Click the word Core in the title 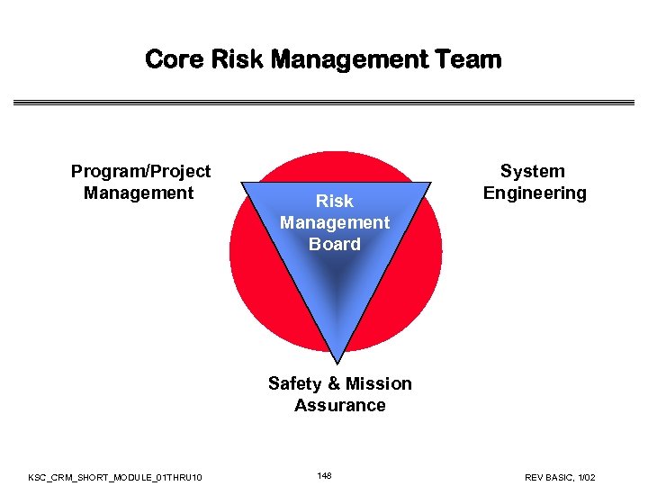(x=174, y=60)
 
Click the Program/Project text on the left (x=140, y=171)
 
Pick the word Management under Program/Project (x=139, y=193)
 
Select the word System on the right (x=533, y=171)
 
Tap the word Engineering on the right (x=535, y=193)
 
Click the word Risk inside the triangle (x=335, y=201)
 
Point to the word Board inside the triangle (x=335, y=244)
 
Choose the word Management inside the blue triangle (x=335, y=222)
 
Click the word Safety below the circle (x=294, y=383)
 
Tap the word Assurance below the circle (x=340, y=405)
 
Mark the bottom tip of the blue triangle (x=337, y=363)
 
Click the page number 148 (x=324, y=475)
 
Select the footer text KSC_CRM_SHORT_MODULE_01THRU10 (x=115, y=476)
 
